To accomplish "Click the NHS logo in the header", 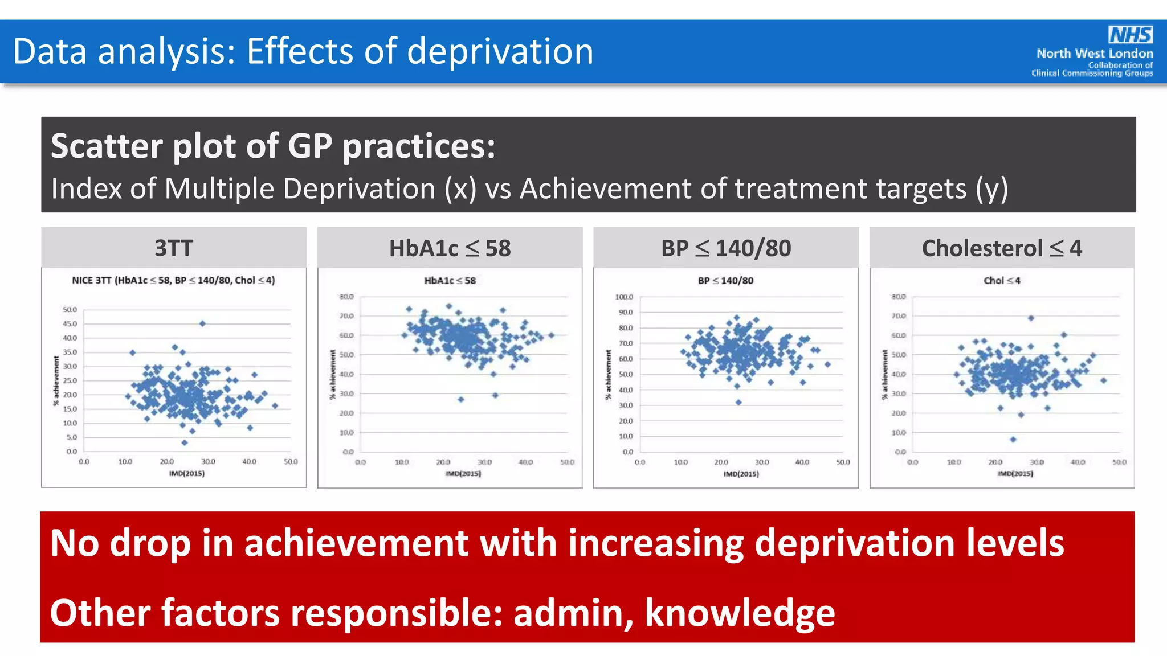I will pos(1131,35).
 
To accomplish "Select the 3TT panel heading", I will pos(174,248).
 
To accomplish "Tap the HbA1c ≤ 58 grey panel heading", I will pos(450,248).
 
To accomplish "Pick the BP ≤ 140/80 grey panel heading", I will pos(725,248).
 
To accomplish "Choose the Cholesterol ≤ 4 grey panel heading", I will pos(1002,248).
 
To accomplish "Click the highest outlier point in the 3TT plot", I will pos(202,323).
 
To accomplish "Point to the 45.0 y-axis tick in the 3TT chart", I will pos(70,324).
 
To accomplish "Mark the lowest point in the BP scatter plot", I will pos(738,402).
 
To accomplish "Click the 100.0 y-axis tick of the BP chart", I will pos(624,297).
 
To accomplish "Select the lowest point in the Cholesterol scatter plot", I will pos(1013,439).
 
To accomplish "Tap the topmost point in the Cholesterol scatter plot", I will pos(1031,318).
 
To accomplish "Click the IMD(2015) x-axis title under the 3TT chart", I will pos(186,474).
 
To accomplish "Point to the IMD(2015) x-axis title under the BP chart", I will pos(741,474).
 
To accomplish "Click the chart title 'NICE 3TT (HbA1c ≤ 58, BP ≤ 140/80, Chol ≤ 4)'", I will pos(173,280).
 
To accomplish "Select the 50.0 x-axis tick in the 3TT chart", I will pos(291,462).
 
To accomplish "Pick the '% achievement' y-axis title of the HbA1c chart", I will pos(333,375).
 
